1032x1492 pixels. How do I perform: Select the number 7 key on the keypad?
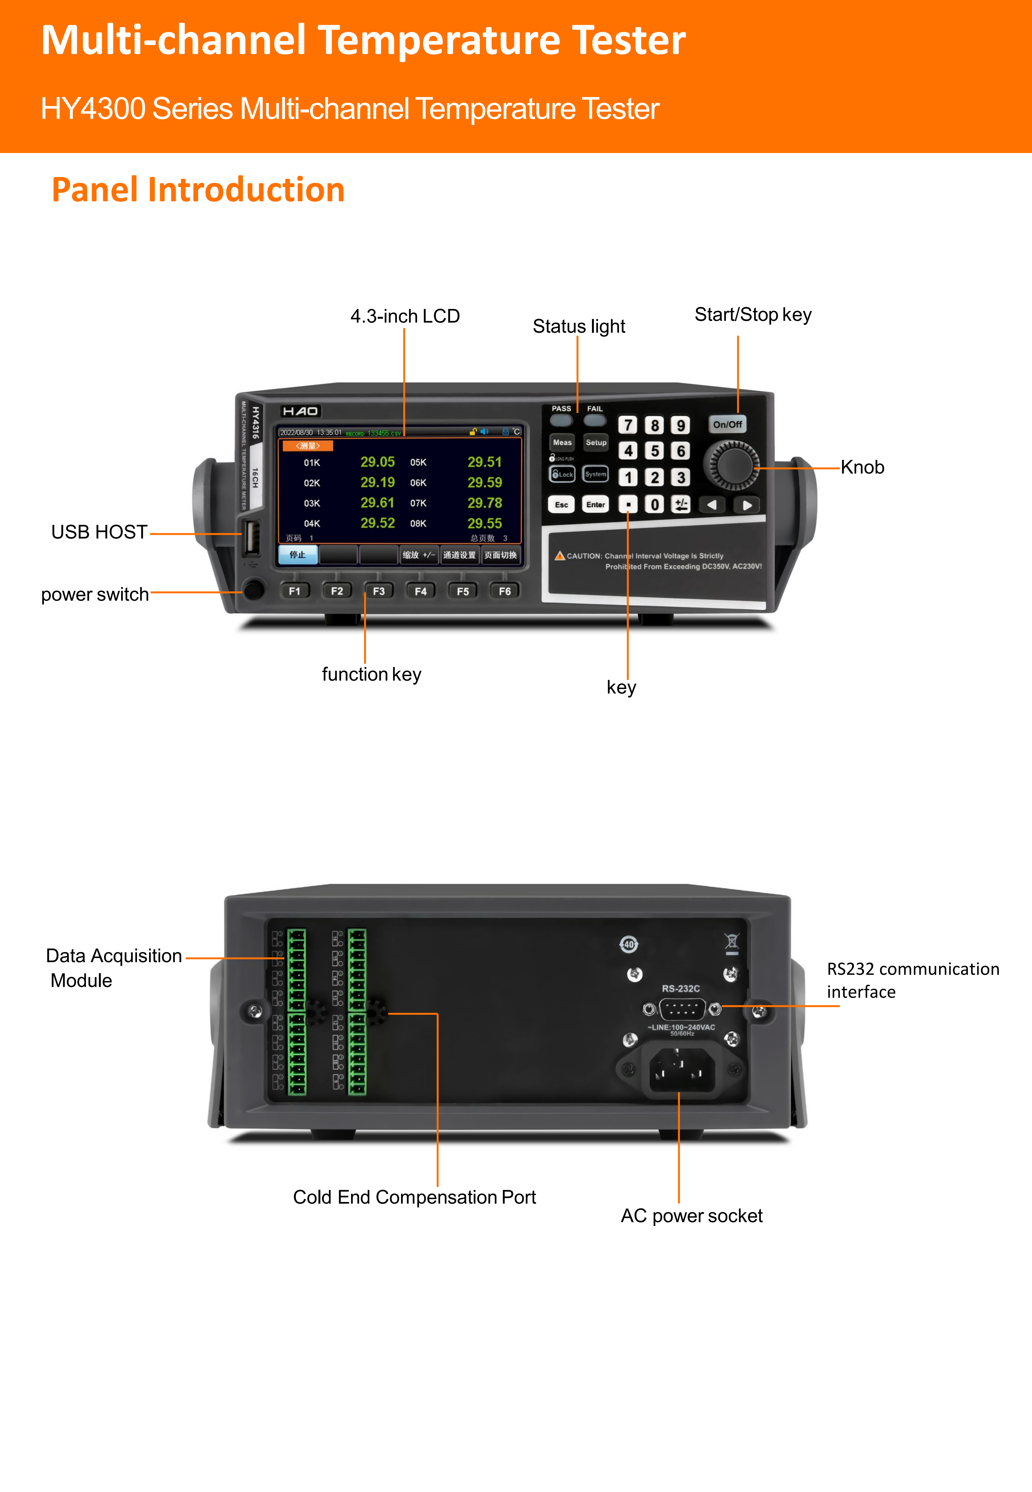pyautogui.click(x=627, y=425)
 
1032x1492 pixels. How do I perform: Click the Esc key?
pyautogui.click(x=561, y=505)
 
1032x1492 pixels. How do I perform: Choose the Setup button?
pyautogui.click(x=596, y=443)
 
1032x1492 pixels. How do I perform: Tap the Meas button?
pyautogui.click(x=562, y=443)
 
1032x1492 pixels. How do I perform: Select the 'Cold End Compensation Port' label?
pyautogui.click(x=414, y=1197)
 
